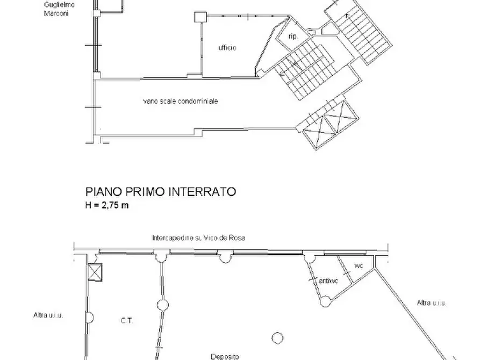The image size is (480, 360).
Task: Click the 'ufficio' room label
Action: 227,48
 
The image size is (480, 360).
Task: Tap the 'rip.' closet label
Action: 293,37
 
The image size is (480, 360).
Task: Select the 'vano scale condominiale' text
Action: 181,100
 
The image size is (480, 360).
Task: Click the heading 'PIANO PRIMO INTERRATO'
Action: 161,192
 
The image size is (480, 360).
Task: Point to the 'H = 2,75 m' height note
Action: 108,205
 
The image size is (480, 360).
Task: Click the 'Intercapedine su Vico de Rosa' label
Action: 198,238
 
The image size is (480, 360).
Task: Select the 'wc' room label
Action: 359,265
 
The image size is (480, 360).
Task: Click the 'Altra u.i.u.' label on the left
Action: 48,315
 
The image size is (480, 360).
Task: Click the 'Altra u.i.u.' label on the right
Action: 431,303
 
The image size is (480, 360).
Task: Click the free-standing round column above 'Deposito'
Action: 277,337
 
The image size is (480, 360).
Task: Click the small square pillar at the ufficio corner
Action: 199,17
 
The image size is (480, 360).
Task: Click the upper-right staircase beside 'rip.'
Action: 359,33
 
